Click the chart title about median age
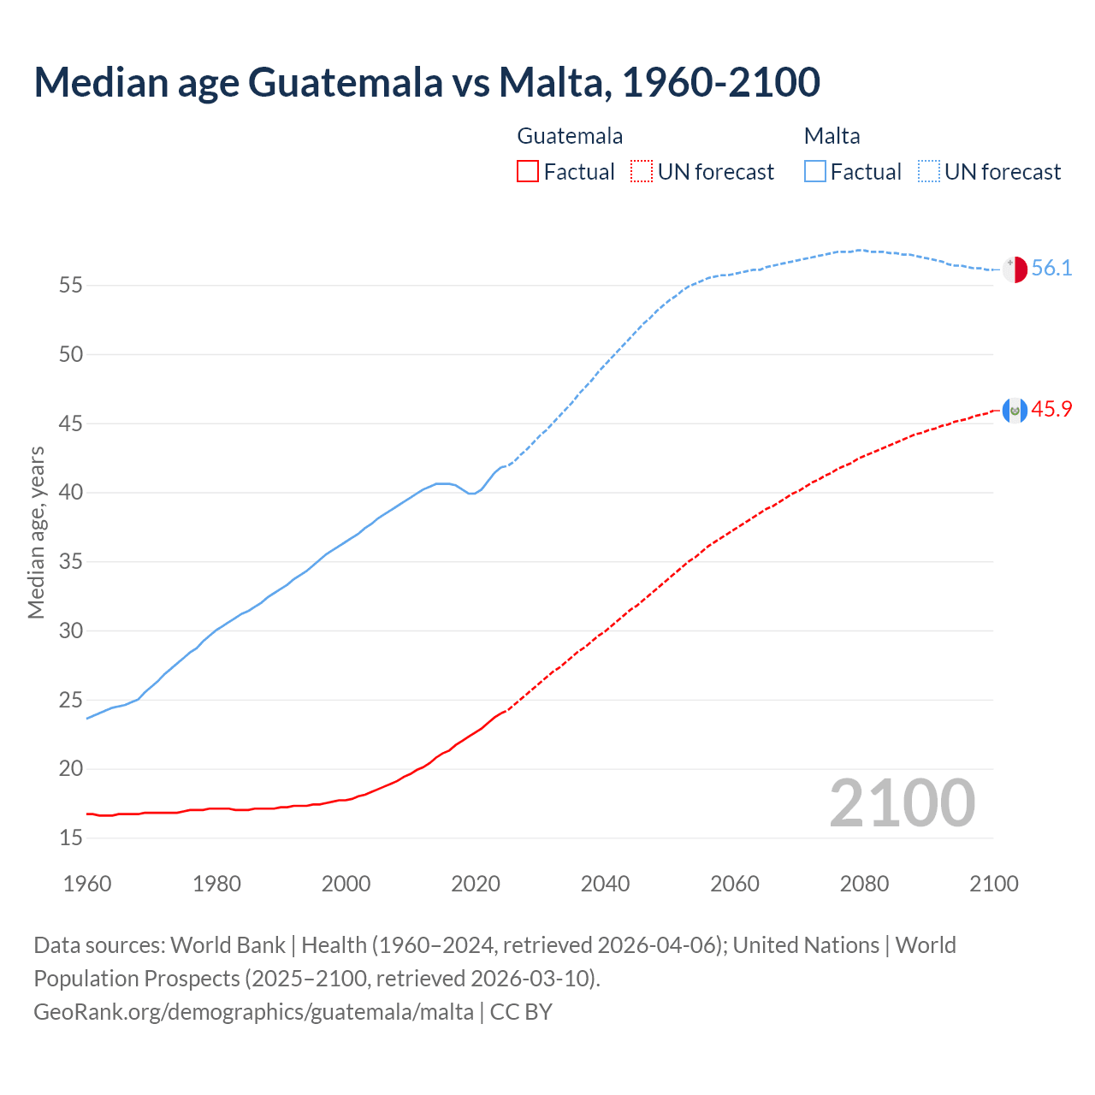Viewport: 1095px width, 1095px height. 427,82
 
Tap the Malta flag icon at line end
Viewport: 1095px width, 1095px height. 1015,269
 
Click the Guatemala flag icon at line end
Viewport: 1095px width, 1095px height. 1015,411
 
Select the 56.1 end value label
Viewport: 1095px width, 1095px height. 1051,269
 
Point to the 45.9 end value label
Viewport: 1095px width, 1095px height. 1051,410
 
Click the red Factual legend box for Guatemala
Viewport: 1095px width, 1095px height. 528,172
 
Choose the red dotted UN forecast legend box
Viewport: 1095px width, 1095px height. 642,172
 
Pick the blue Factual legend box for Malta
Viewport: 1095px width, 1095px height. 815,172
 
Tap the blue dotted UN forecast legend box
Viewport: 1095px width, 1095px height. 929,172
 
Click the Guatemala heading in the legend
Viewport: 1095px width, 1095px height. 570,136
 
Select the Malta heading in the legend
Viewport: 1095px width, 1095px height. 832,136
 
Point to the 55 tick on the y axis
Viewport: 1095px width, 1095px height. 71,285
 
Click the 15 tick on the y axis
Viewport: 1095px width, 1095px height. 71,838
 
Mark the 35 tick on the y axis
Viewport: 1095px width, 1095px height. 71,562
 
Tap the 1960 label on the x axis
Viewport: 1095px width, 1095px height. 87,884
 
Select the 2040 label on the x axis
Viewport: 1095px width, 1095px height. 605,884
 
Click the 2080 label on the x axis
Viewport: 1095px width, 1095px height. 864,884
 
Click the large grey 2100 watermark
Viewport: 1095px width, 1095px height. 902,802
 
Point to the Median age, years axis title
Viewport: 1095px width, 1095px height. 36,532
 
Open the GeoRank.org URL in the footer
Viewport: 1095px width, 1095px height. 253,1012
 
